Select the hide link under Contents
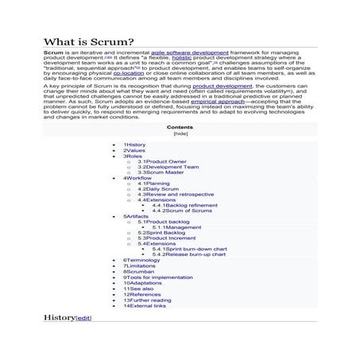[x=180, y=134]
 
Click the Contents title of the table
[x=180, y=127]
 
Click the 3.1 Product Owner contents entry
[x=161, y=161]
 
